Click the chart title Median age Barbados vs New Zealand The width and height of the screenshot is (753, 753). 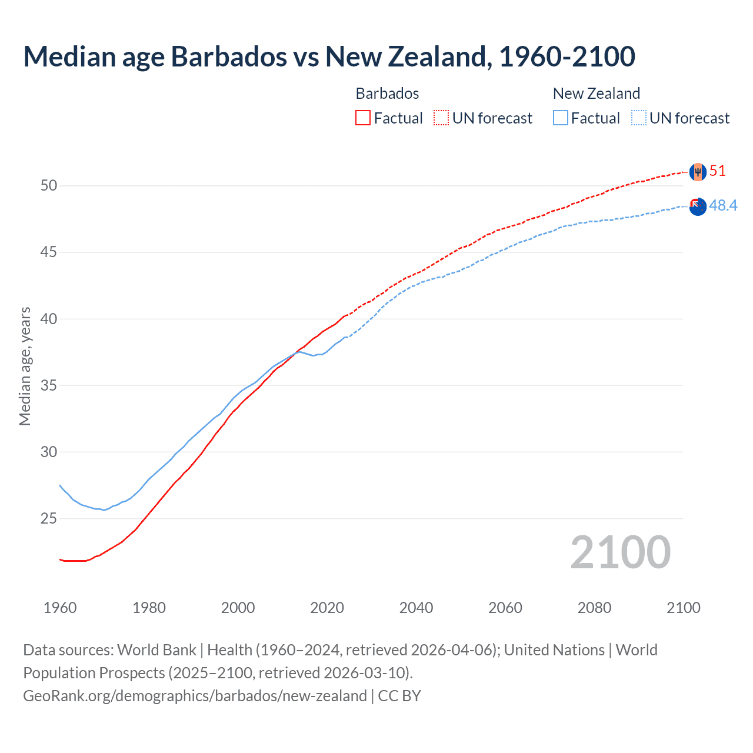point(329,57)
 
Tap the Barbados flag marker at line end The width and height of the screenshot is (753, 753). point(697,172)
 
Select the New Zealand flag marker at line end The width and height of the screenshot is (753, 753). point(697,206)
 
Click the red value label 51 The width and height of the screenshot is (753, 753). point(718,171)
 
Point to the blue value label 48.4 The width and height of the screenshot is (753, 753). point(723,205)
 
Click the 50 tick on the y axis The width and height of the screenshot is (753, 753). point(49,186)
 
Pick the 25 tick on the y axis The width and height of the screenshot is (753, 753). point(49,519)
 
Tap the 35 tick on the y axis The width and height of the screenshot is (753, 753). point(49,386)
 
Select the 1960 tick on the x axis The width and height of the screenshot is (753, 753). point(60,608)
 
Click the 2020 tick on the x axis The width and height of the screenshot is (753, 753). point(327,608)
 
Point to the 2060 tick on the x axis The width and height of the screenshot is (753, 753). point(505,608)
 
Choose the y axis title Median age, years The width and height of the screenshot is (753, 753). point(25,366)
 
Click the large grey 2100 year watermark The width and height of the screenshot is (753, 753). point(620,552)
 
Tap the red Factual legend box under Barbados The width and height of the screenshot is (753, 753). point(363,118)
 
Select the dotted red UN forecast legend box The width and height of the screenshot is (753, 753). point(441,118)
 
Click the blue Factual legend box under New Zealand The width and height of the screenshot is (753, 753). point(561,118)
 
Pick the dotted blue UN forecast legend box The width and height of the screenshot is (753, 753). point(639,118)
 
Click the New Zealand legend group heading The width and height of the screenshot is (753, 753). point(596,94)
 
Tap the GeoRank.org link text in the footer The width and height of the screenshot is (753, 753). point(195,696)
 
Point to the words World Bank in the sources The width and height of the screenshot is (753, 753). point(156,650)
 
